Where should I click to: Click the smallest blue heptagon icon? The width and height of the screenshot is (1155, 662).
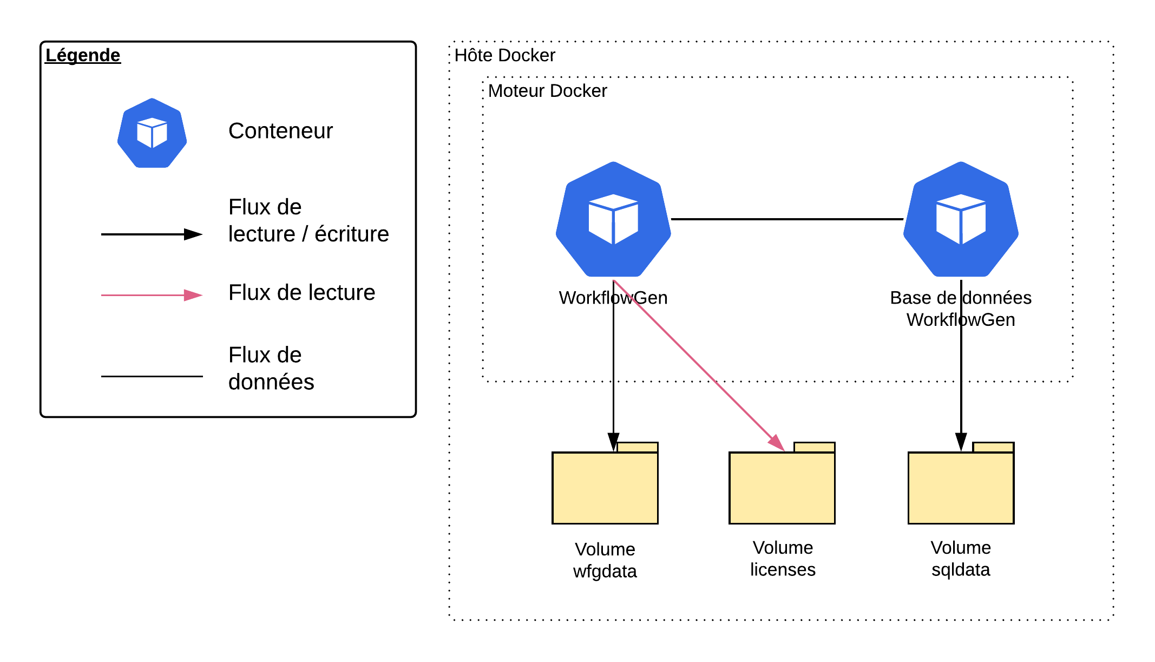(x=152, y=133)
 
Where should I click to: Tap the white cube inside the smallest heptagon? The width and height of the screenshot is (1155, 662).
(x=152, y=133)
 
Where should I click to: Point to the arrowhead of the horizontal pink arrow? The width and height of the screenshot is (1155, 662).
(x=193, y=295)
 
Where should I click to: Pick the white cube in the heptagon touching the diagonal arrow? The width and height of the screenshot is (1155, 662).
(x=613, y=219)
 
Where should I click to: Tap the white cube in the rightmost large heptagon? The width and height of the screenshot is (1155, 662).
(x=961, y=219)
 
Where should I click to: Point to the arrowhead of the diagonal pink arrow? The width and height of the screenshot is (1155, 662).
(x=777, y=443)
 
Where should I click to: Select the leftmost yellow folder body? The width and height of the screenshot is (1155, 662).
(x=605, y=488)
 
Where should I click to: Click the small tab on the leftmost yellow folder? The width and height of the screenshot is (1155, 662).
(x=638, y=447)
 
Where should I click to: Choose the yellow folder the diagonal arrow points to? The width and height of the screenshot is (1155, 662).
(x=782, y=488)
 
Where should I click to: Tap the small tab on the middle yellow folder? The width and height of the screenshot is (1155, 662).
(x=815, y=447)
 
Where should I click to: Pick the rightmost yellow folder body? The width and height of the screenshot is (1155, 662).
(x=961, y=488)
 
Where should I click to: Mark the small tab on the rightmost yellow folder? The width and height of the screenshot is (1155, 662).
(x=993, y=447)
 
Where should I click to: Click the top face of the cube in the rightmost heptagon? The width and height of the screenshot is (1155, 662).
(x=961, y=202)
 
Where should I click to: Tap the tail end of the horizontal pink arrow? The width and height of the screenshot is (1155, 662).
(x=103, y=295)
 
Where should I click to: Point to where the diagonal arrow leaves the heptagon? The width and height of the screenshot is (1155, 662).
(x=614, y=281)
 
